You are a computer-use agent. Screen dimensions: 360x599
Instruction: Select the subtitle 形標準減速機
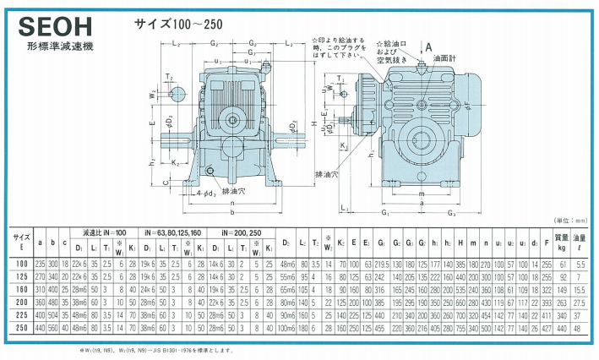(x=61, y=46)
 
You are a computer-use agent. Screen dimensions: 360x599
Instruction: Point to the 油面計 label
(x=446, y=59)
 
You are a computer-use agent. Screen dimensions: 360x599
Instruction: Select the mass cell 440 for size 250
(x=560, y=327)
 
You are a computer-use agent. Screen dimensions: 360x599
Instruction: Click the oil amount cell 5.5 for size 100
(x=580, y=265)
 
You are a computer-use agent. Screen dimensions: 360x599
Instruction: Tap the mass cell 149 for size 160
(x=560, y=289)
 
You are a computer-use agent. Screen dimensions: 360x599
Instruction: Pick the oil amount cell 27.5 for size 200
(x=580, y=302)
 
